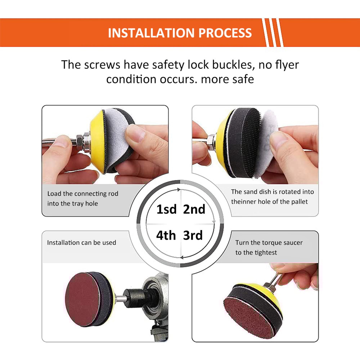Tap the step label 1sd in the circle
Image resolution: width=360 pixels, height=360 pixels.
click(x=166, y=209)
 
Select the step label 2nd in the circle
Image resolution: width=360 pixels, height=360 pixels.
click(x=194, y=209)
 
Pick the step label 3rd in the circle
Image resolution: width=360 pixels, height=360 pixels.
click(x=193, y=235)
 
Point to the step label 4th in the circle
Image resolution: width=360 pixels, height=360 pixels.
click(x=166, y=235)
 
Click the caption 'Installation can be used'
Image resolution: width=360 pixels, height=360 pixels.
click(x=81, y=243)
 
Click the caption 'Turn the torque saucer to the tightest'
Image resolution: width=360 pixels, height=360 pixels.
click(x=269, y=248)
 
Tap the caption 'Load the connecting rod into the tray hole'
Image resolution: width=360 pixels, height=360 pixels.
click(x=83, y=199)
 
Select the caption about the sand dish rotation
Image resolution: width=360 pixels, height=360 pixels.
click(x=272, y=197)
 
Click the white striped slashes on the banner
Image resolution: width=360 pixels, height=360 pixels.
click(x=273, y=33)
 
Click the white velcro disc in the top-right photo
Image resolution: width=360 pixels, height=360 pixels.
click(x=266, y=144)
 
